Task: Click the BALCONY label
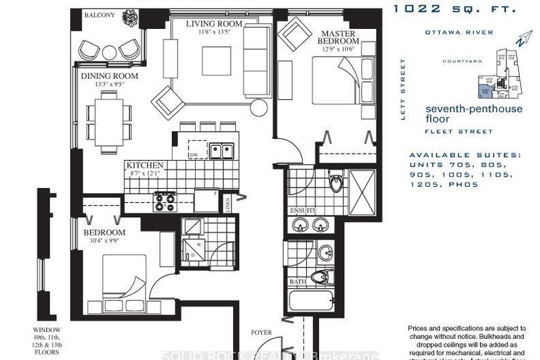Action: (x=99, y=15)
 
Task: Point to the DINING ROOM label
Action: (x=109, y=76)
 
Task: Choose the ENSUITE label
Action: (x=302, y=211)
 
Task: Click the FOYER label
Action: (x=262, y=332)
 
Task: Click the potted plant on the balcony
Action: (x=130, y=16)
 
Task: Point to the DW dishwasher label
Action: (x=193, y=154)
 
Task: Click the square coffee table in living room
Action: (x=216, y=61)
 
